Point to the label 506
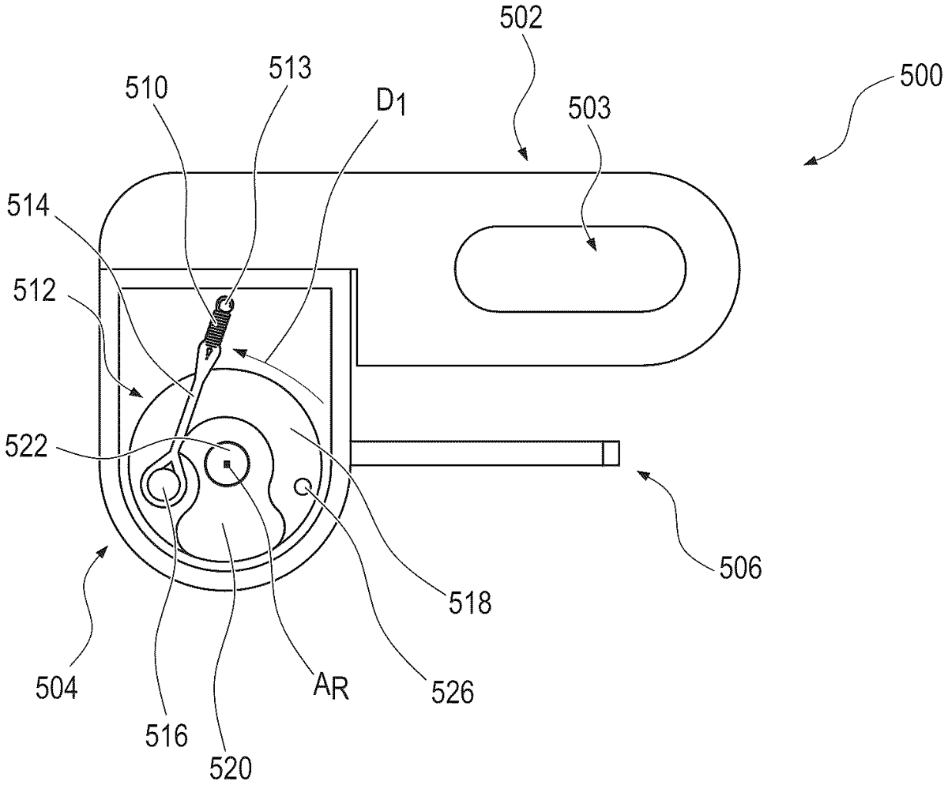[x=739, y=567]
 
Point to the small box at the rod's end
[x=610, y=453]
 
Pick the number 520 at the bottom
[x=231, y=764]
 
